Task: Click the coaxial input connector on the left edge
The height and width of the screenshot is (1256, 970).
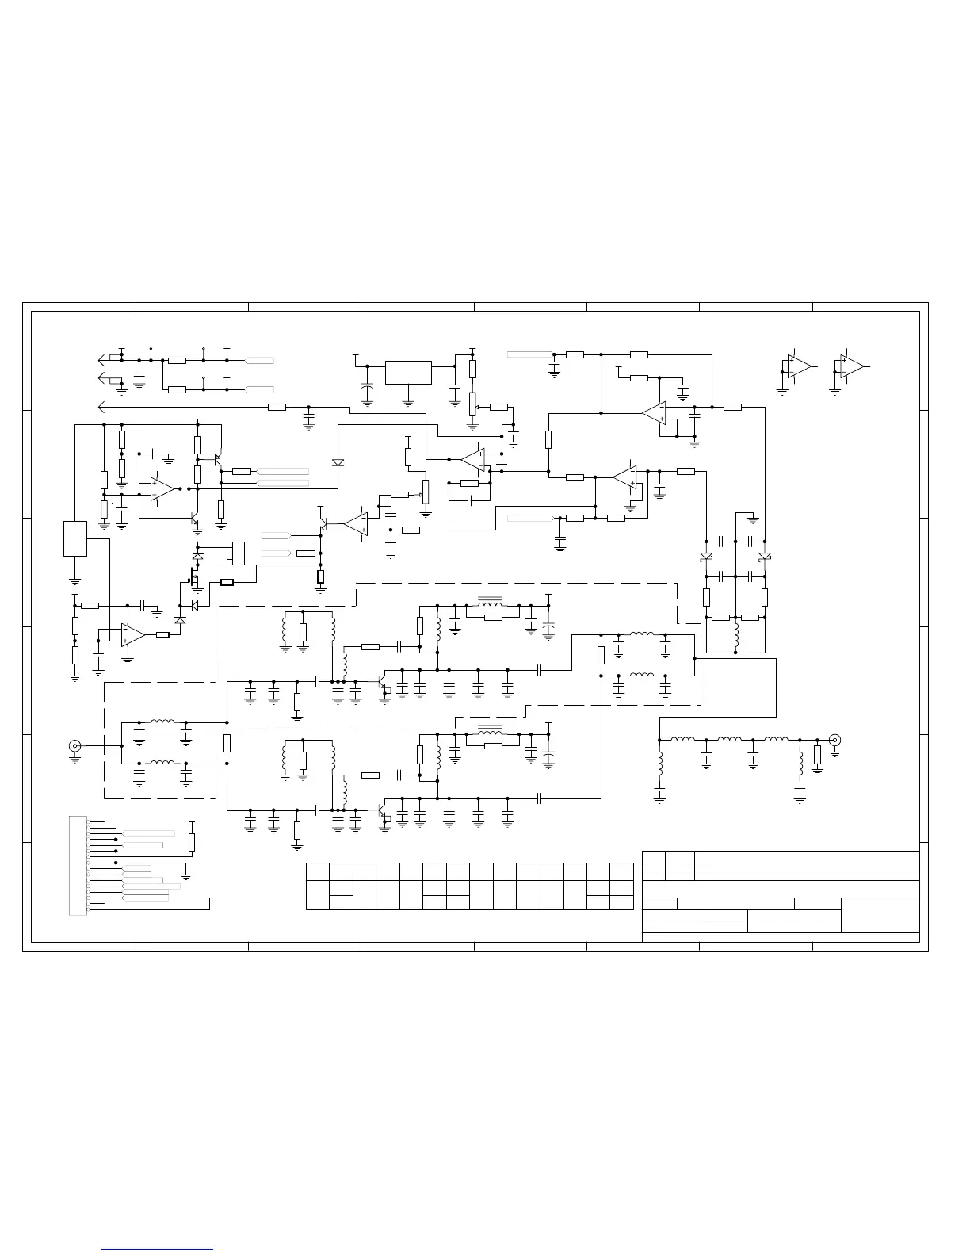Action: point(75,745)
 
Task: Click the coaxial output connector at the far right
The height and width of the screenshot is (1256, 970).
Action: point(834,740)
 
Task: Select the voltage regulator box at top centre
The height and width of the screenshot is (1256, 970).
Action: point(408,372)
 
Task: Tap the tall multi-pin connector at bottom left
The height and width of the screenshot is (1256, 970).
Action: point(78,865)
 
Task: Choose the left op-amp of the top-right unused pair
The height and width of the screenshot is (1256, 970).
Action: point(798,366)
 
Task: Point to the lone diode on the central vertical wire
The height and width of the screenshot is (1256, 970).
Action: point(338,461)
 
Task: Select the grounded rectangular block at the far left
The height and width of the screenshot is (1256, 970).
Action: point(75,538)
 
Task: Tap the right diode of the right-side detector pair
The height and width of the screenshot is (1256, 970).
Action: point(764,557)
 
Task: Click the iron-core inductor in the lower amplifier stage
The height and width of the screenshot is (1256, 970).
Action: point(493,733)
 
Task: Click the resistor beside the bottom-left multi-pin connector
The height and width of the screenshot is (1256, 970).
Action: point(191,843)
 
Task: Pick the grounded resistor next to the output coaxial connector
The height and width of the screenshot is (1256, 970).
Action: point(817,755)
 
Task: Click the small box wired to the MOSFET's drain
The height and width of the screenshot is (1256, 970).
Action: point(237,552)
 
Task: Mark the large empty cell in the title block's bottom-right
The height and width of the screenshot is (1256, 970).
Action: point(880,915)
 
